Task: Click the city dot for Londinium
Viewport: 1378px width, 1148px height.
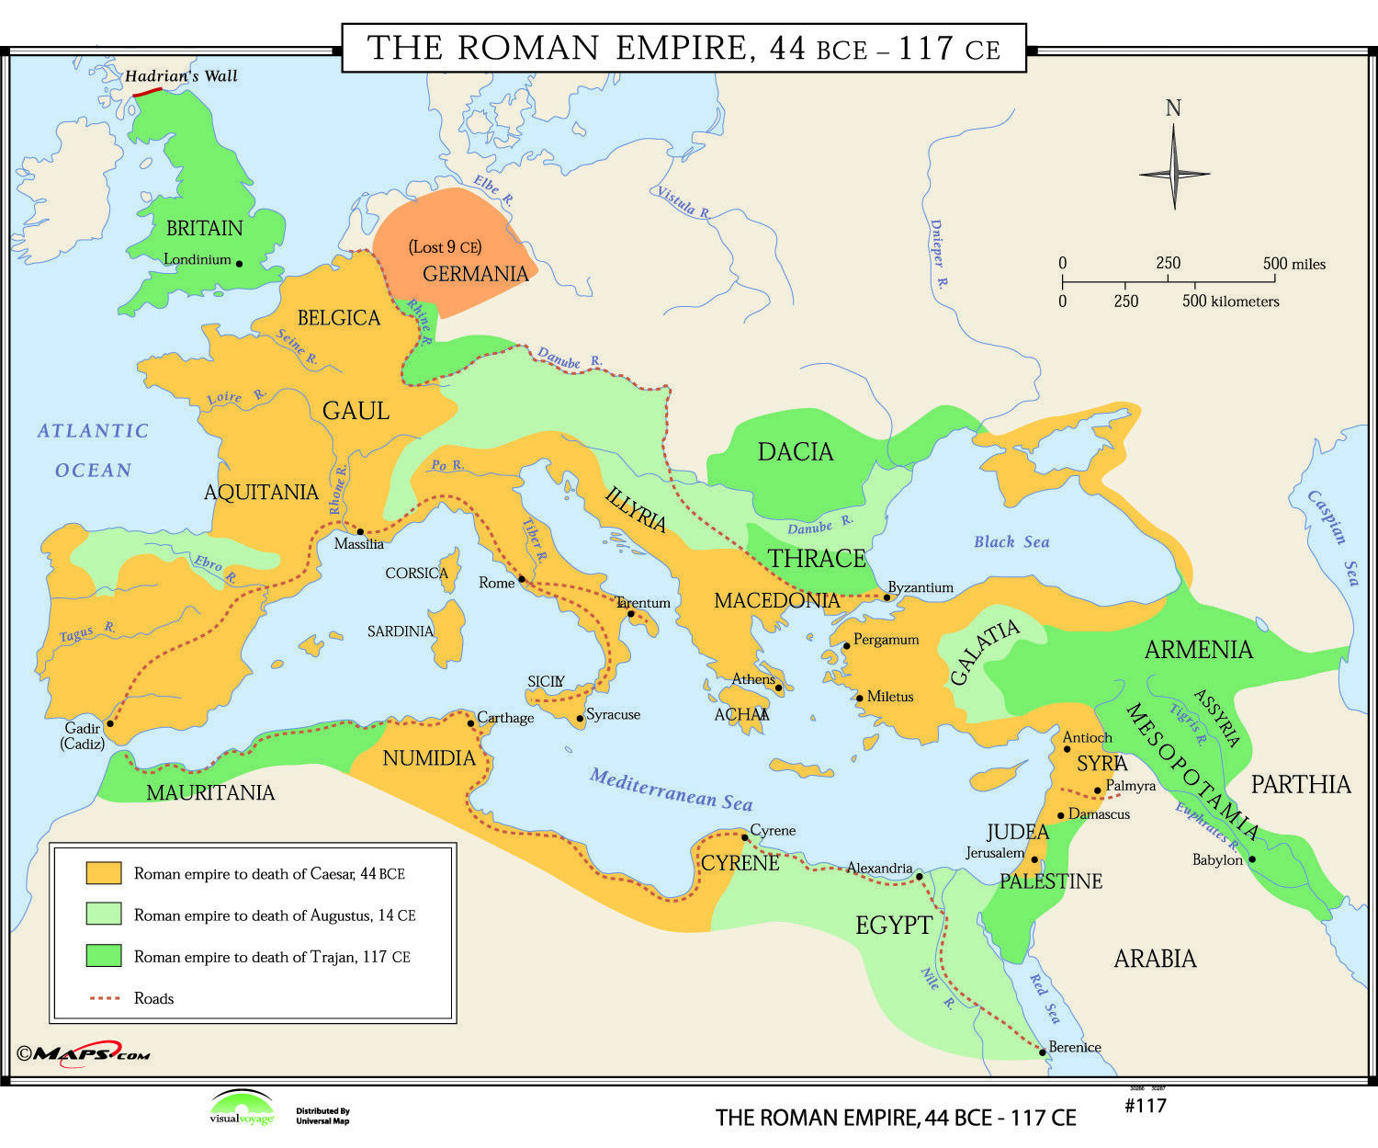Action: pyautogui.click(x=240, y=264)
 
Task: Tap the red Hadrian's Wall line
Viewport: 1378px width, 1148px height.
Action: pyautogui.click(x=147, y=92)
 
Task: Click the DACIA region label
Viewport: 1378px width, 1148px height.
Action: pyautogui.click(x=796, y=452)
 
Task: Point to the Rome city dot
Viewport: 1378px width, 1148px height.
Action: pyautogui.click(x=522, y=579)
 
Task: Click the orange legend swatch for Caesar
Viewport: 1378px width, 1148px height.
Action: pyautogui.click(x=104, y=873)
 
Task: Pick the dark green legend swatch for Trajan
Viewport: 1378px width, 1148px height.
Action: pyautogui.click(x=104, y=956)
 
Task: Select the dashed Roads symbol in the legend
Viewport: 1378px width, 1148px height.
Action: pyautogui.click(x=104, y=998)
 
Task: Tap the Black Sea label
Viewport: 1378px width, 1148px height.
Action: pyautogui.click(x=1011, y=542)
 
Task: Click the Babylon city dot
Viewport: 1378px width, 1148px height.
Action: pyautogui.click(x=1252, y=859)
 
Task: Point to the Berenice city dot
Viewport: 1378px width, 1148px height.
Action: pyautogui.click(x=1043, y=1052)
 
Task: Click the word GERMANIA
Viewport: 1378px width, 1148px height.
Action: pyautogui.click(x=475, y=274)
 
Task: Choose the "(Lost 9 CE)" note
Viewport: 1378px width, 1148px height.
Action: pyautogui.click(x=445, y=246)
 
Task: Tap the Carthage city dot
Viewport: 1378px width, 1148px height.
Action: pyautogui.click(x=471, y=723)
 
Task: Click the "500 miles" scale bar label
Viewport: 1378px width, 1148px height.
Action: pyautogui.click(x=1294, y=264)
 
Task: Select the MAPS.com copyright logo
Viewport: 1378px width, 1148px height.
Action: pyautogui.click(x=83, y=1054)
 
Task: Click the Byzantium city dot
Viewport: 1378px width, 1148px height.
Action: pyautogui.click(x=887, y=597)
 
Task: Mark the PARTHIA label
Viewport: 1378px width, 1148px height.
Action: pyautogui.click(x=1301, y=784)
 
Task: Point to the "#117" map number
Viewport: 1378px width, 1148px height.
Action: pyautogui.click(x=1145, y=1105)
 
